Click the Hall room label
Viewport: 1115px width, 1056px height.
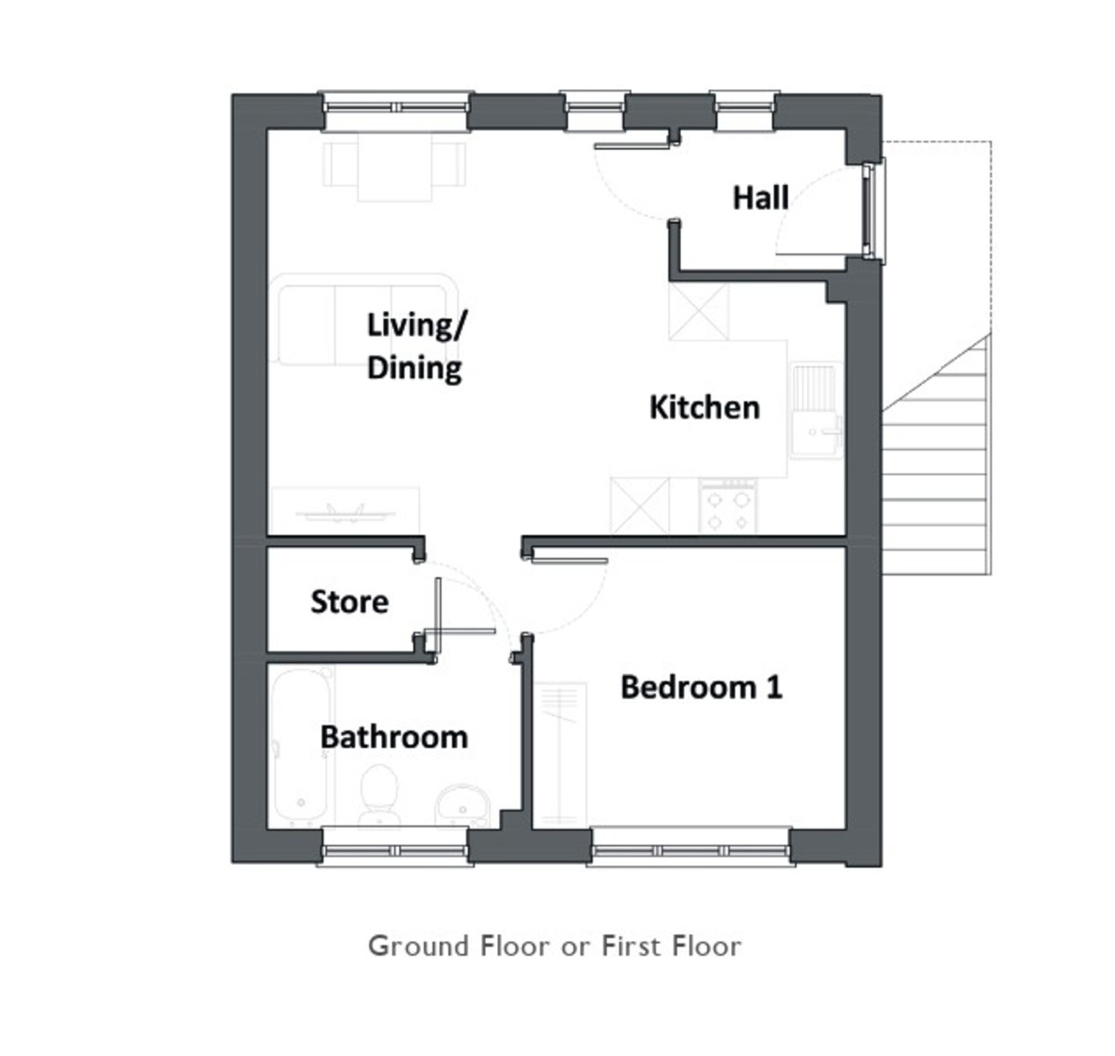click(760, 198)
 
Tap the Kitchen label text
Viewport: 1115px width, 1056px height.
click(704, 407)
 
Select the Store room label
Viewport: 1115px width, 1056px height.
click(349, 601)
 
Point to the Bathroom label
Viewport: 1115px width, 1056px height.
click(394, 737)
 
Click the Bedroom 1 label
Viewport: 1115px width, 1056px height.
click(702, 687)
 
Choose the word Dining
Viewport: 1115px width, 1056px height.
click(414, 369)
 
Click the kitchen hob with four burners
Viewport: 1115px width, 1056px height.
click(728, 507)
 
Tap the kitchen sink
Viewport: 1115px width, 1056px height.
click(816, 410)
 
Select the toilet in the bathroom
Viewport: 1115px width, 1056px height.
click(379, 795)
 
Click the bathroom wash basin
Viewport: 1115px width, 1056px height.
click(462, 805)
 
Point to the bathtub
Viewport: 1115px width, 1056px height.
click(300, 746)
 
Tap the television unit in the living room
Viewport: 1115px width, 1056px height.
click(346, 510)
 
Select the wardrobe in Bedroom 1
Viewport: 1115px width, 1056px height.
click(559, 755)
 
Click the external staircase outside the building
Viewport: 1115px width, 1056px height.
click(937, 454)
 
